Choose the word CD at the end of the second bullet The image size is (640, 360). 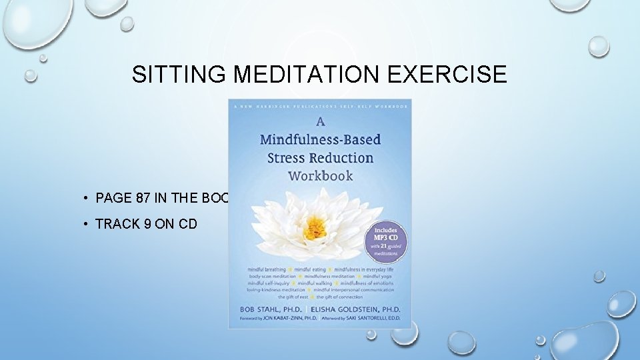click(x=187, y=224)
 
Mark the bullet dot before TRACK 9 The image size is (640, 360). click(x=87, y=224)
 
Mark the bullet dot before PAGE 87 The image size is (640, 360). click(x=87, y=197)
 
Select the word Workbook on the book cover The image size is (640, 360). click(x=320, y=176)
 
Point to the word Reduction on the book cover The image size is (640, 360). click(x=344, y=158)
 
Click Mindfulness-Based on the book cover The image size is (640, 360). click(x=320, y=139)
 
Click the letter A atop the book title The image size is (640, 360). click(x=320, y=122)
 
